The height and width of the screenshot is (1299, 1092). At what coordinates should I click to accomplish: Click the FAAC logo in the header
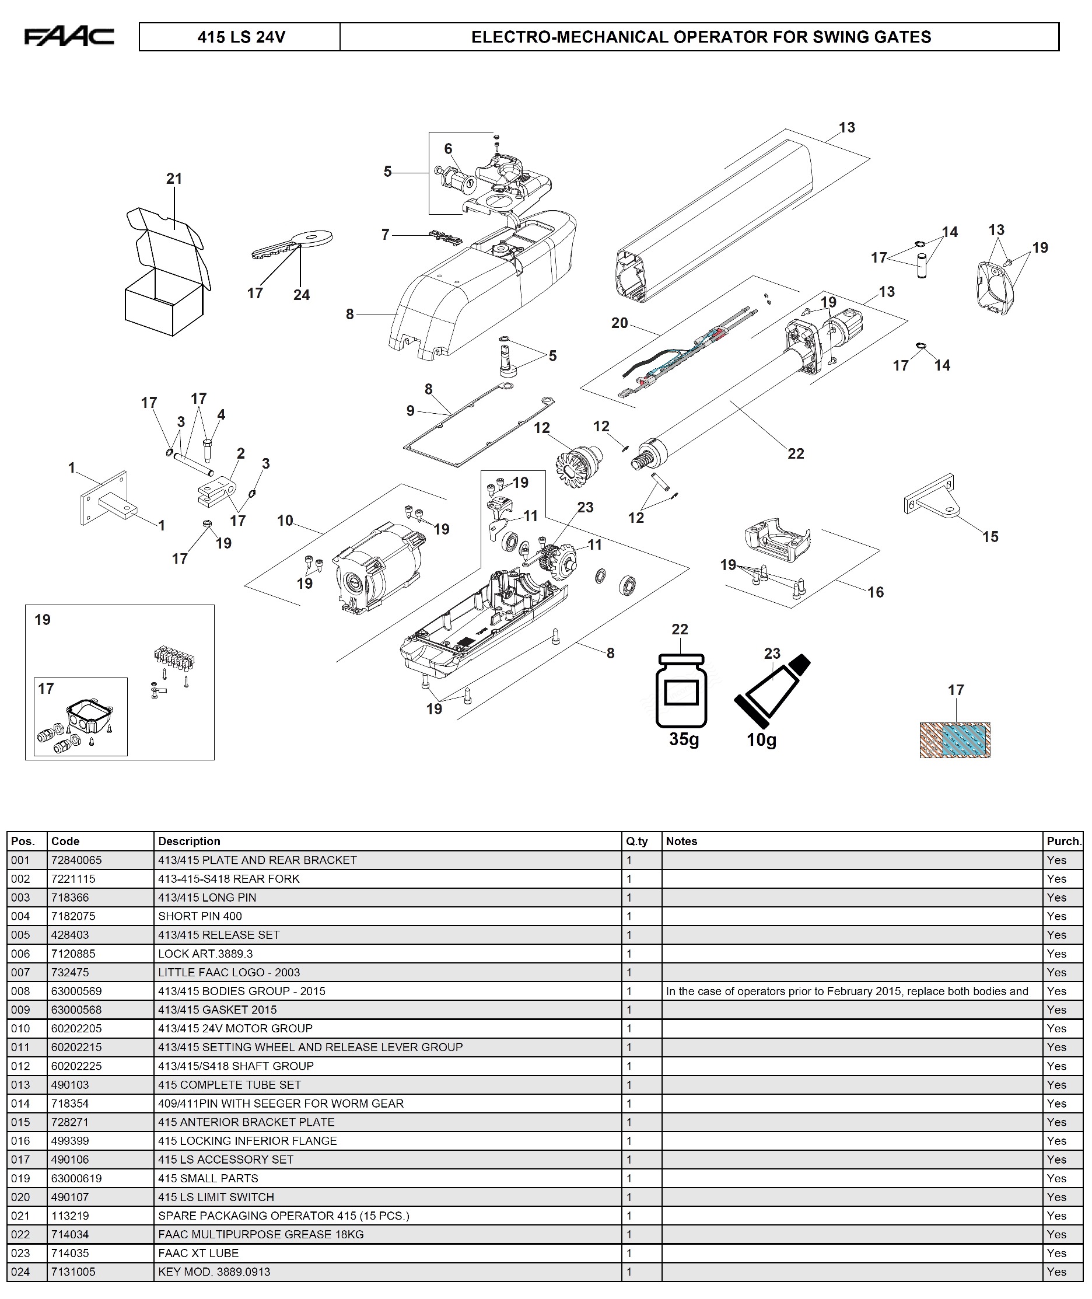[69, 37]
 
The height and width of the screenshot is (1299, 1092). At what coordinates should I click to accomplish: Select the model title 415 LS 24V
[241, 37]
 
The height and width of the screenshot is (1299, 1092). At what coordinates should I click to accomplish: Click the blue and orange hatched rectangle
[954, 740]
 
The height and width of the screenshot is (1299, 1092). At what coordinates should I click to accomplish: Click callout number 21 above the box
[174, 179]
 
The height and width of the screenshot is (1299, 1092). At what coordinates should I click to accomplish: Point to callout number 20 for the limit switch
[619, 323]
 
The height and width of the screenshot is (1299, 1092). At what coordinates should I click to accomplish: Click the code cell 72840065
[77, 860]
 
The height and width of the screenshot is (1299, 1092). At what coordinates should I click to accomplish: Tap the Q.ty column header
[636, 841]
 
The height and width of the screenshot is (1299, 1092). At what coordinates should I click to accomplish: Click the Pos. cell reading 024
[20, 1272]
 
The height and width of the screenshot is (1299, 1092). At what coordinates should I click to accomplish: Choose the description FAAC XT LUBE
[198, 1253]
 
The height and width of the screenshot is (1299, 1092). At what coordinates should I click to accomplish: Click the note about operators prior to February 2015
[847, 991]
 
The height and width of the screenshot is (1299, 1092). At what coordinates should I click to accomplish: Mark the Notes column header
[681, 841]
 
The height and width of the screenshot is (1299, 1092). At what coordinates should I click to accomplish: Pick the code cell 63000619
[77, 1178]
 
